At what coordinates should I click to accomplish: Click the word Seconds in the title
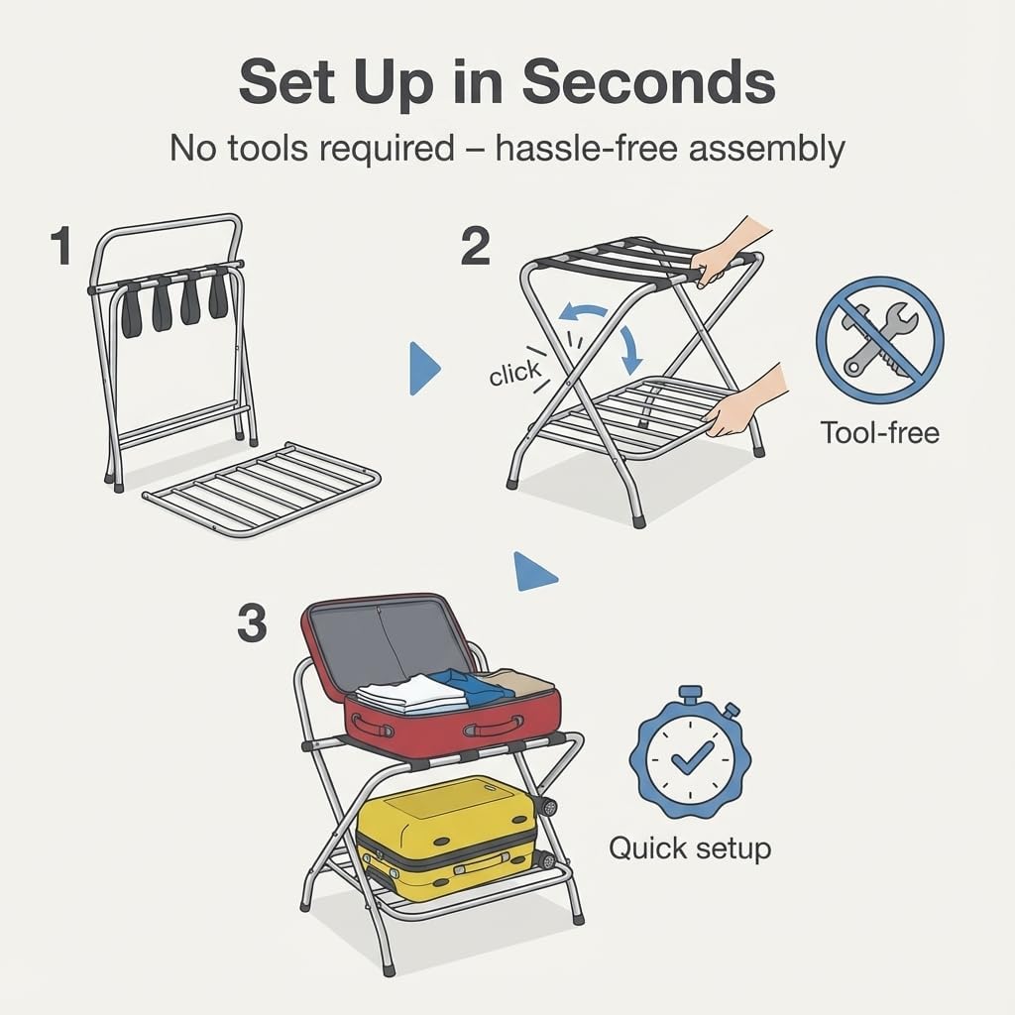pyautogui.click(x=648, y=83)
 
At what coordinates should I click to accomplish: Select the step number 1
pyautogui.click(x=61, y=246)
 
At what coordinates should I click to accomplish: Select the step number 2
pyautogui.click(x=475, y=246)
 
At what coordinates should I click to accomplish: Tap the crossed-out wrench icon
pyautogui.click(x=879, y=339)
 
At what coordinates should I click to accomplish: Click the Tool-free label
pyautogui.click(x=879, y=432)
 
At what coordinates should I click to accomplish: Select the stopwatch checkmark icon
pyautogui.click(x=690, y=755)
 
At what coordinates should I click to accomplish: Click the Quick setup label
pyautogui.click(x=690, y=848)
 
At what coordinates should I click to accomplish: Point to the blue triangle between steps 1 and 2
pyautogui.click(x=423, y=370)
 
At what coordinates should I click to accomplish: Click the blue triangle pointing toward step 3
pyautogui.click(x=533, y=572)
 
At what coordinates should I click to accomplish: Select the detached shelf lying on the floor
pyautogui.click(x=263, y=488)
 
